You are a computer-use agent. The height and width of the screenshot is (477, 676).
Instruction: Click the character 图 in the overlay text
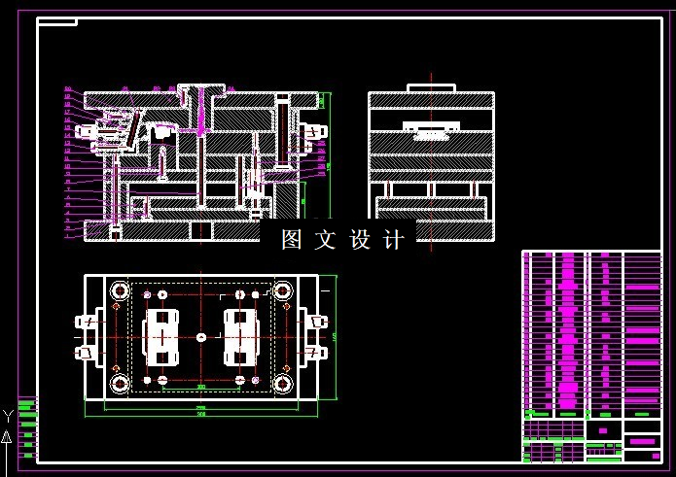291,240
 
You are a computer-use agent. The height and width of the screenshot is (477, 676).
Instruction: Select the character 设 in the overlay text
359,240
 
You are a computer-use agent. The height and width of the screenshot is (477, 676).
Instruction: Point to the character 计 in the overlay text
393,240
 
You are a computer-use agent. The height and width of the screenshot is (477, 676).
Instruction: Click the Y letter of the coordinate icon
8,416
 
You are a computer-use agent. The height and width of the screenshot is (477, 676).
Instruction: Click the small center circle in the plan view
200,336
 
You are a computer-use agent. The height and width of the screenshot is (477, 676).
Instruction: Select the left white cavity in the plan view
161,336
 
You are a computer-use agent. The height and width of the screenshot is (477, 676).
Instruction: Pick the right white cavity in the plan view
239,336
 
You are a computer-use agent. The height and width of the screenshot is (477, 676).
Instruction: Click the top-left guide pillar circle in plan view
121,290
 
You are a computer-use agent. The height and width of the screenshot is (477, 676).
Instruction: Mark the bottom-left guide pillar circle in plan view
121,383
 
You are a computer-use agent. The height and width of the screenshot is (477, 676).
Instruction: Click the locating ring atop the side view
431,88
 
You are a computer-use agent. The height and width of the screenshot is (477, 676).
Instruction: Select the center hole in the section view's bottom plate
200,230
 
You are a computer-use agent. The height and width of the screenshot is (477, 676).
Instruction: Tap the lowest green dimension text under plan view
200,414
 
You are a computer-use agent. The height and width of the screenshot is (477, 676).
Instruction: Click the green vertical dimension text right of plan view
335,336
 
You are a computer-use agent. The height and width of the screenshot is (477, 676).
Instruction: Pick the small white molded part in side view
431,128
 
